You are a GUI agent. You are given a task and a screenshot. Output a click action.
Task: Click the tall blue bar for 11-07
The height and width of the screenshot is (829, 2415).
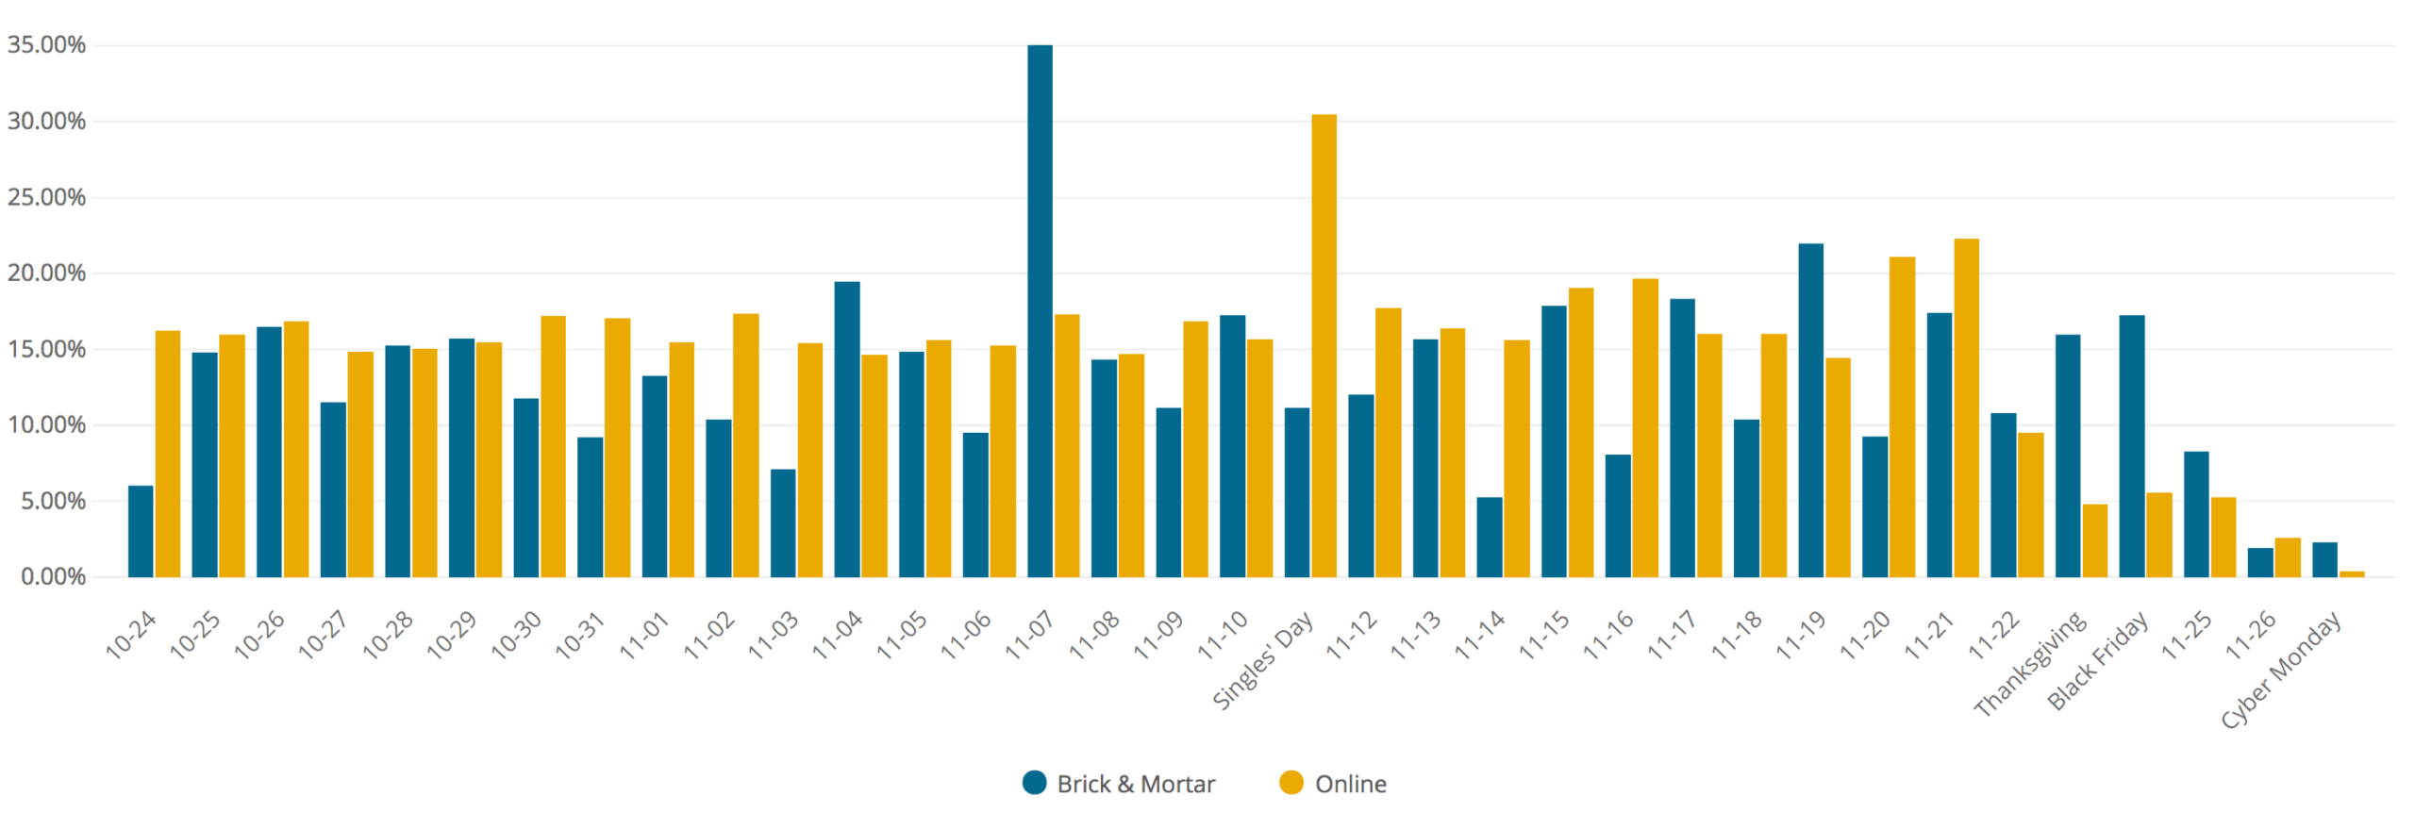point(1040,311)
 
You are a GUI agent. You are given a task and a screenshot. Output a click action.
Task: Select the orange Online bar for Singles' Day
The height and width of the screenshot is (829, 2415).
point(1324,346)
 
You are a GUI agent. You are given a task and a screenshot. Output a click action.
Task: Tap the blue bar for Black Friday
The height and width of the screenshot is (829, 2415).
point(2131,446)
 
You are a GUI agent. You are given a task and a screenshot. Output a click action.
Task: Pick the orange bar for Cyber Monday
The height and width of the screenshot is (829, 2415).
point(2351,572)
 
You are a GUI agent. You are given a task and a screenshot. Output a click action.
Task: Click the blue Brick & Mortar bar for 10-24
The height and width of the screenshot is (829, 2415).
point(141,531)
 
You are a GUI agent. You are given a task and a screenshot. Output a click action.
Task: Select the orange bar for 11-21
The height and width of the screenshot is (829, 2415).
point(1966,407)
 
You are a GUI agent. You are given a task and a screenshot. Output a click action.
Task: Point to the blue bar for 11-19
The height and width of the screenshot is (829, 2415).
point(1810,410)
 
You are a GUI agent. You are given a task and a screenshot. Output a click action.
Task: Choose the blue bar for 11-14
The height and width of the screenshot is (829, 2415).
point(1490,537)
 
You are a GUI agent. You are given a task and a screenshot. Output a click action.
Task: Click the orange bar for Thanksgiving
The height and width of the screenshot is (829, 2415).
point(2094,540)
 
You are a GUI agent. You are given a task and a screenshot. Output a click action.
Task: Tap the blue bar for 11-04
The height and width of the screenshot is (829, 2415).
point(847,429)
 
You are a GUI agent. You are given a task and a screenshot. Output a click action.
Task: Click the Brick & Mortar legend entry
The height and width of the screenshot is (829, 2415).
point(1119,784)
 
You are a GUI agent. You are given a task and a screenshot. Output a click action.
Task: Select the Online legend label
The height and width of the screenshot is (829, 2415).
point(1350,784)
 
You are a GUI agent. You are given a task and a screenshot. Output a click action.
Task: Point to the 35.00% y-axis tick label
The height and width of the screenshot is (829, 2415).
point(46,44)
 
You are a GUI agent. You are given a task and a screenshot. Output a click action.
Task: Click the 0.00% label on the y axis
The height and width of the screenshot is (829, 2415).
point(53,576)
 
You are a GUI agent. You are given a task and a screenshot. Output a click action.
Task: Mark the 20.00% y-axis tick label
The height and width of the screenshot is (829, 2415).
point(46,273)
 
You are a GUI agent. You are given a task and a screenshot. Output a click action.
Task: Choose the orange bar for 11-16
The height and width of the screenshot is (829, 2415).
point(1644,427)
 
